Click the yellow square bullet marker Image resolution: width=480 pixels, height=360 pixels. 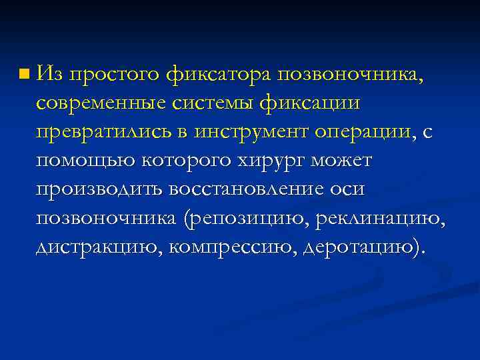tap(24, 71)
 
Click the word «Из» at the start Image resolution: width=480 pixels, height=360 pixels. tap(49, 71)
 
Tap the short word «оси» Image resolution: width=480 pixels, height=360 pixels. tap(348, 191)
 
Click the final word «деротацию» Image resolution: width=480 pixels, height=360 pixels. tap(361, 249)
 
